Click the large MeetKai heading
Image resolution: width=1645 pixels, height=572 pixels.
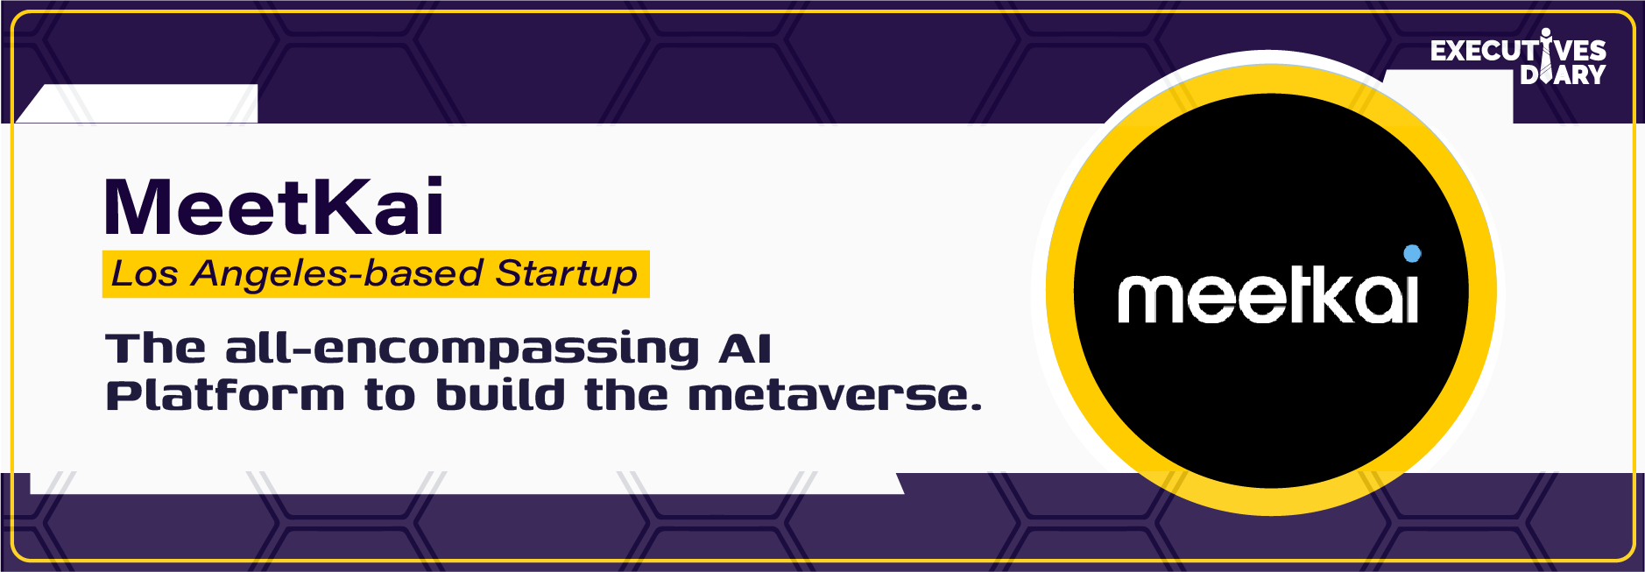pyautogui.click(x=274, y=207)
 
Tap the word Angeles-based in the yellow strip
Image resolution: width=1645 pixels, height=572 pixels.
pyautogui.click(x=337, y=274)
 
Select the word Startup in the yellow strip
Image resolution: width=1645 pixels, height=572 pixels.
pyautogui.click(x=566, y=274)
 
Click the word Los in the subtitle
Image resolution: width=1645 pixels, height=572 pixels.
pyautogui.click(x=145, y=274)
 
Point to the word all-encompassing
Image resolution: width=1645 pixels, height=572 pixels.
pyautogui.click(x=462, y=349)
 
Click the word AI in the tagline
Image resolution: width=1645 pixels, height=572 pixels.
pyautogui.click(x=745, y=349)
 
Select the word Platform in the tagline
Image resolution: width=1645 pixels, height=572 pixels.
pyautogui.click(x=225, y=396)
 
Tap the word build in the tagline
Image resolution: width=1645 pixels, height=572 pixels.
pyautogui.click(x=500, y=395)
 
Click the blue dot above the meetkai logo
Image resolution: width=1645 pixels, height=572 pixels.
pyautogui.click(x=1412, y=254)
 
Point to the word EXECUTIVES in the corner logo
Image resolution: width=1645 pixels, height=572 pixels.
pyautogui.click(x=1518, y=51)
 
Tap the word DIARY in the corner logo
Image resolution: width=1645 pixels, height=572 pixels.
pyautogui.click(x=1563, y=74)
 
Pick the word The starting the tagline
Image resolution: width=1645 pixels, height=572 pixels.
pyautogui.click(x=156, y=349)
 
